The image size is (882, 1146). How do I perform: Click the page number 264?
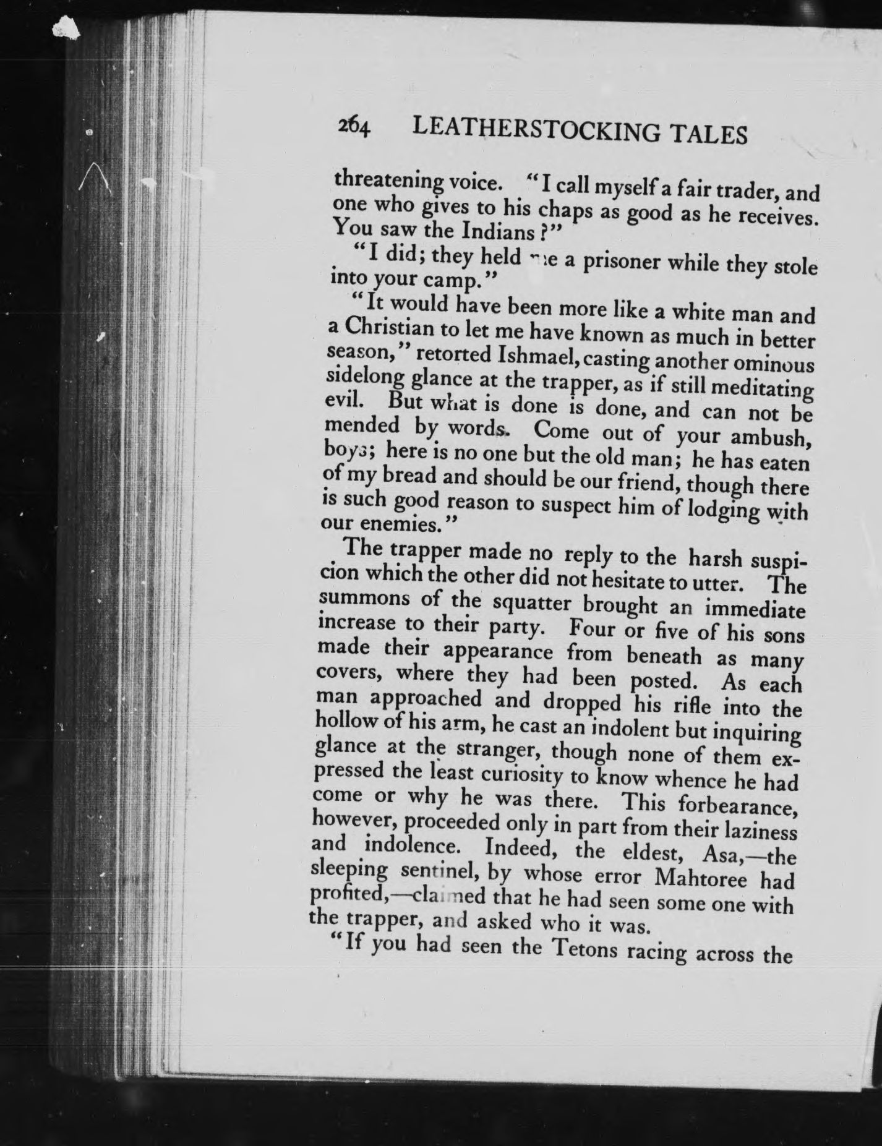click(x=353, y=128)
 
